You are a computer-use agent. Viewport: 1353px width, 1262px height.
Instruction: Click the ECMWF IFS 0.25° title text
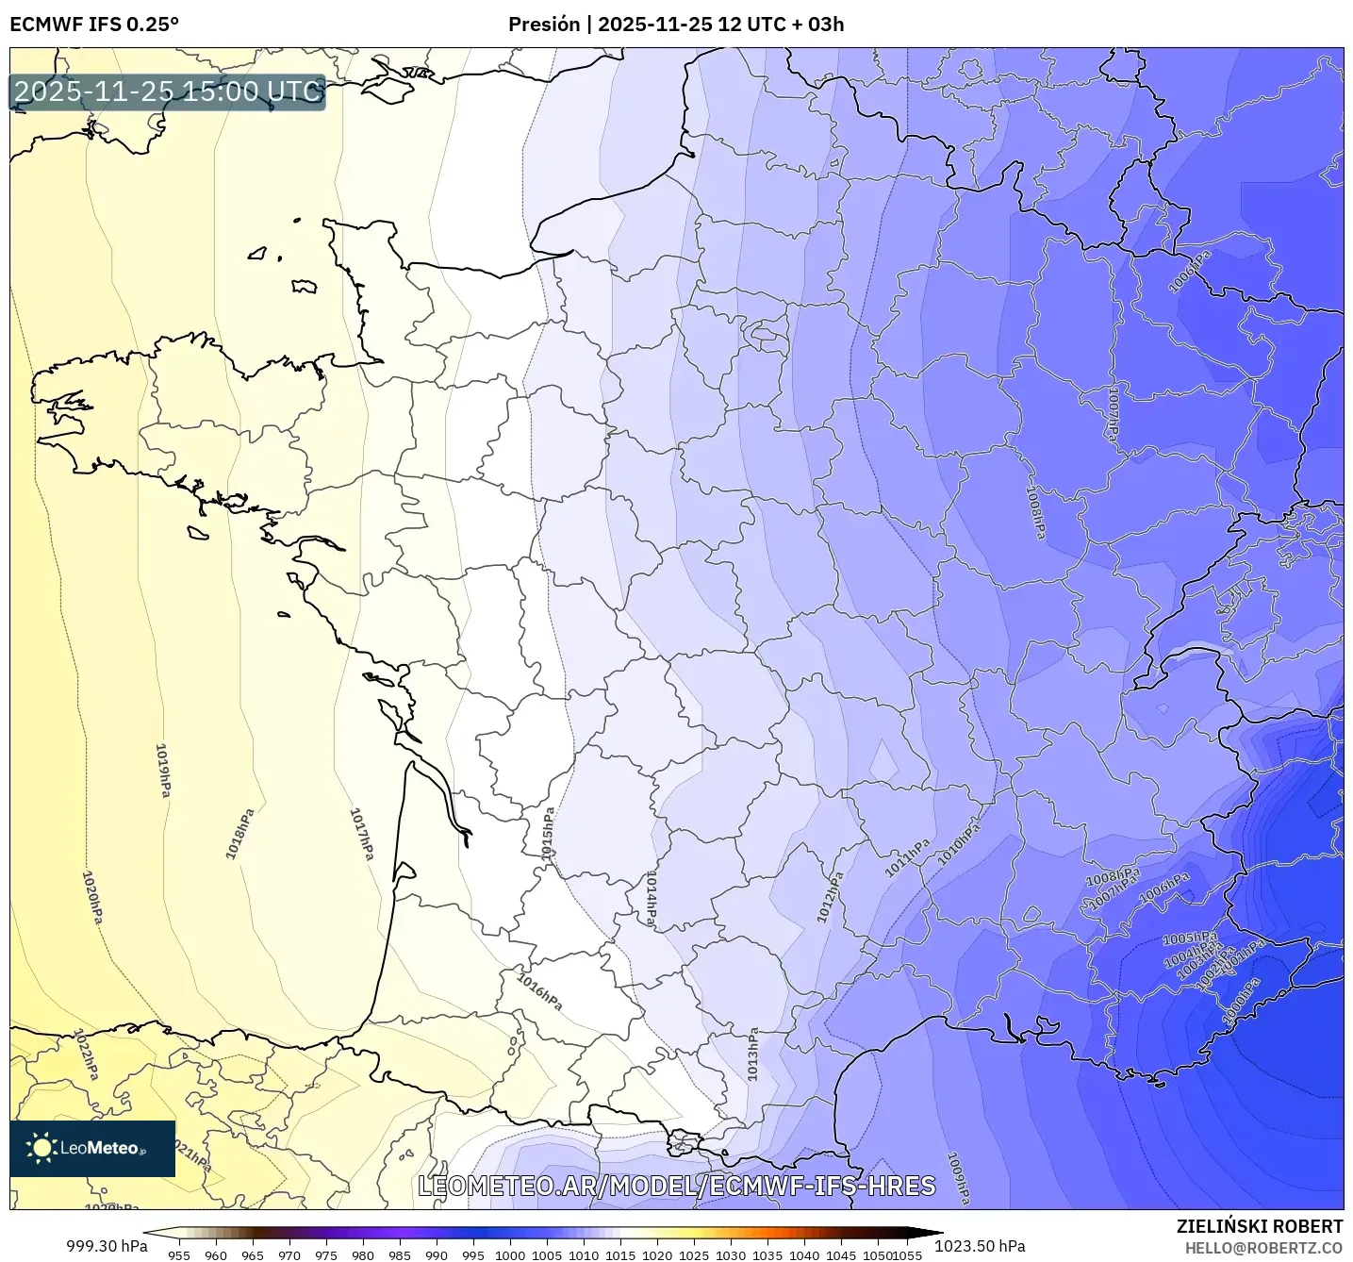click(94, 25)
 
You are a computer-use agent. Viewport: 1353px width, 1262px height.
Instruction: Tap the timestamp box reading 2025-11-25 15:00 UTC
click(168, 91)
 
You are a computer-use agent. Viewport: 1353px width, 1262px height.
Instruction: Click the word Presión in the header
click(544, 25)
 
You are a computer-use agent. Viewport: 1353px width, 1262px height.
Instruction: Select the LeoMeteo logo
click(92, 1148)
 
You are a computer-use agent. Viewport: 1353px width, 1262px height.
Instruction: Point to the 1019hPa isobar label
click(163, 771)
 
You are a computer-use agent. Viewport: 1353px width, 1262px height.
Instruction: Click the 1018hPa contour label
click(239, 834)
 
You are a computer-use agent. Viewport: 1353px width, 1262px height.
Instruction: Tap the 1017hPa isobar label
click(361, 834)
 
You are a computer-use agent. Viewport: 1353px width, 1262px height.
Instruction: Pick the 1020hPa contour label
click(92, 897)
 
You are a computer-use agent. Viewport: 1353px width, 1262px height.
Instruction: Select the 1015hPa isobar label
click(548, 832)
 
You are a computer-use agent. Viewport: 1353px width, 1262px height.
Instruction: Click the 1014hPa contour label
click(651, 900)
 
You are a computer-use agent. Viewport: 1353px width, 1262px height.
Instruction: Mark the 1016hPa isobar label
click(539, 991)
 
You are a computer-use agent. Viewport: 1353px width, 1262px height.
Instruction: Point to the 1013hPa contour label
click(752, 1054)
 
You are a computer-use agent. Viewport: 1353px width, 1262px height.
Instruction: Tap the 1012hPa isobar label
click(829, 896)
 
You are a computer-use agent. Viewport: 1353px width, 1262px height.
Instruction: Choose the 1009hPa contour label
click(958, 1178)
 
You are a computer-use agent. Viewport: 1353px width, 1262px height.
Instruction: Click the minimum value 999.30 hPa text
click(107, 1246)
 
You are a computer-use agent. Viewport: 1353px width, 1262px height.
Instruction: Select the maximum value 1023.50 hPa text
click(980, 1246)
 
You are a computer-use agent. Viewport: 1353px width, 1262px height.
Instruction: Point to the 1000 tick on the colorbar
click(510, 1254)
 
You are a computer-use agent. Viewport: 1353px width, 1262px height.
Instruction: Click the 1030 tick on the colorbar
click(731, 1254)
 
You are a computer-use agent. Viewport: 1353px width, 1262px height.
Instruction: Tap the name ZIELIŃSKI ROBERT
click(1259, 1226)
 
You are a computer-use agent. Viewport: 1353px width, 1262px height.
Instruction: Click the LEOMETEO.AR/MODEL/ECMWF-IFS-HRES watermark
click(676, 1186)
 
